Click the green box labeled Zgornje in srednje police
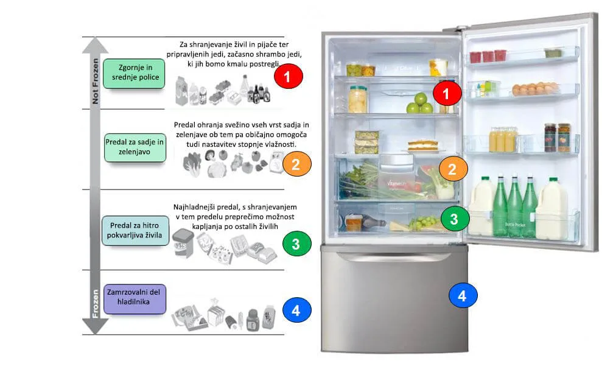pyautogui.click(x=134, y=73)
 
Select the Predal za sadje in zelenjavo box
pyautogui.click(x=135, y=147)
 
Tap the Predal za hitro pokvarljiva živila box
pyautogui.click(x=135, y=231)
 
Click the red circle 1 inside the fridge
pyautogui.click(x=447, y=93)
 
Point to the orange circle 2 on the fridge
pyautogui.click(x=453, y=169)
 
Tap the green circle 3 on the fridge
pyautogui.click(x=455, y=219)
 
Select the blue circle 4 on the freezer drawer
pyautogui.click(x=463, y=295)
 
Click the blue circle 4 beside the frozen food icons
pyautogui.click(x=296, y=311)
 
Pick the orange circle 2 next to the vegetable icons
pyautogui.click(x=297, y=164)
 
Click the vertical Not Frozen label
pyautogui.click(x=95, y=81)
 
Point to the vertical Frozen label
pyautogui.click(x=95, y=303)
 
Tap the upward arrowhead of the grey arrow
pyautogui.click(x=95, y=45)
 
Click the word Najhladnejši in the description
pyautogui.click(x=194, y=207)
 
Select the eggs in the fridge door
pyautogui.click(x=535, y=89)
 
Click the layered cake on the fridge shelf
pyautogui.click(x=422, y=146)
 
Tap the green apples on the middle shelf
pyautogui.click(x=419, y=103)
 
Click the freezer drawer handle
pyautogui.click(x=394, y=256)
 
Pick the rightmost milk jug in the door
pyautogui.click(x=552, y=209)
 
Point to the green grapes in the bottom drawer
pyautogui.click(x=423, y=223)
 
